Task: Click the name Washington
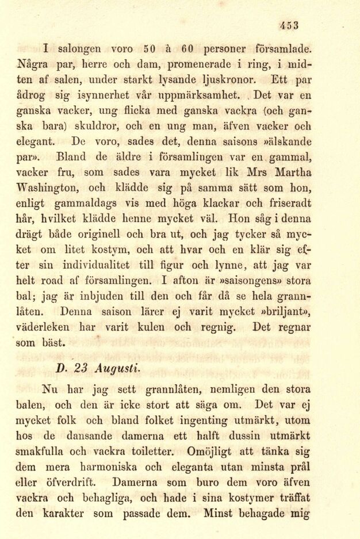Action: coord(53,187)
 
